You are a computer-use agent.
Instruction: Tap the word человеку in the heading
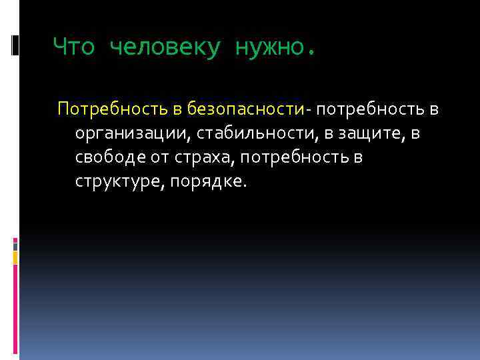[x=163, y=47]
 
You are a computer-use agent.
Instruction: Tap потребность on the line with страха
[x=301, y=158]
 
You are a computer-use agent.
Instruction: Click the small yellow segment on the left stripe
[x=15, y=257]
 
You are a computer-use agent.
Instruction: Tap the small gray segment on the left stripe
[x=15, y=245]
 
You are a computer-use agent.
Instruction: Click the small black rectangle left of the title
[x=15, y=45]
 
